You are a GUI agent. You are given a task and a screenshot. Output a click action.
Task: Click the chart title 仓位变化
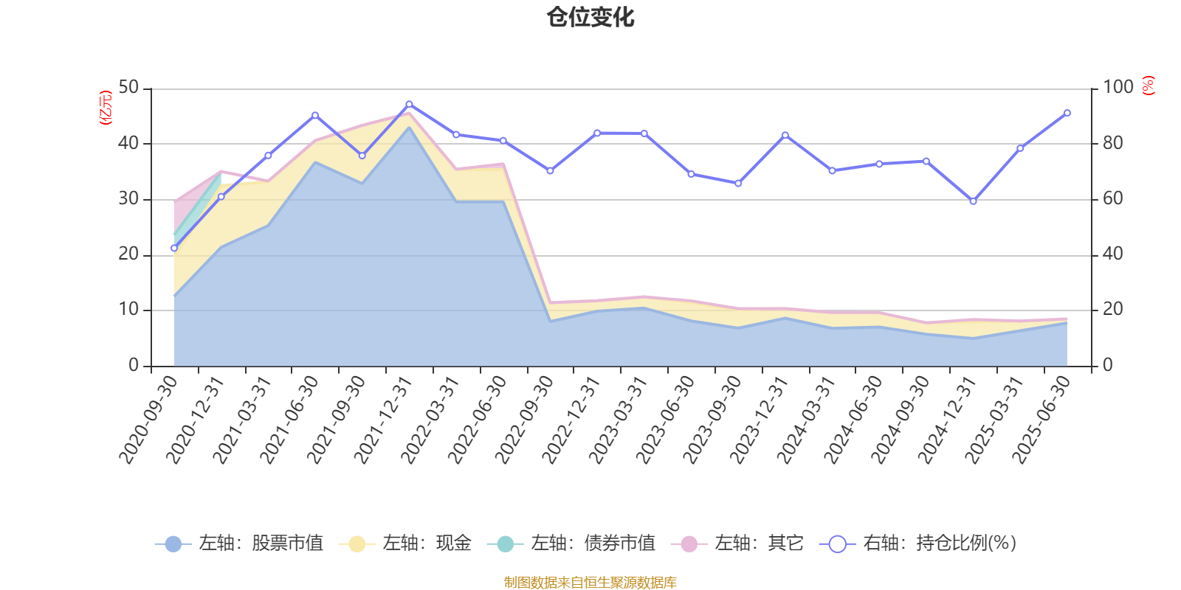[590, 17]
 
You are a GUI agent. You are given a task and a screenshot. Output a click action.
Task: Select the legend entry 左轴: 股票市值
[239, 544]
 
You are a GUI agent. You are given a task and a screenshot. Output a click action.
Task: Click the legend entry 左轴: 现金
[405, 544]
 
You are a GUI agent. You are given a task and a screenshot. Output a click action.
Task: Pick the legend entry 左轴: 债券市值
[571, 544]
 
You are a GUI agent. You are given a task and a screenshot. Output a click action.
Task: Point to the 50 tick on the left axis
[128, 88]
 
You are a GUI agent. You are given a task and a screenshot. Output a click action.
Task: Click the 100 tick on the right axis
[1118, 88]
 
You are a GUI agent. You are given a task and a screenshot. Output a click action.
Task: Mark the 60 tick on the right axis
[1112, 199]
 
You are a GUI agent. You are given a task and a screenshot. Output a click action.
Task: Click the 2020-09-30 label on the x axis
[150, 418]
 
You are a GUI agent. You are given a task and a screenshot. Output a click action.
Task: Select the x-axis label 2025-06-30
[1042, 418]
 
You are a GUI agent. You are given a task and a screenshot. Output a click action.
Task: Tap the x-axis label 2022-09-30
[525, 418]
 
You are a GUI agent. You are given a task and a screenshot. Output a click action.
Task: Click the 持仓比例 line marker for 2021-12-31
[409, 105]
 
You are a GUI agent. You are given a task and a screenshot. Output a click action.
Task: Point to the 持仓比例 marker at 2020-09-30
[174, 249]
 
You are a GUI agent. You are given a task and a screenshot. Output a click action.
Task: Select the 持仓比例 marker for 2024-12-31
[973, 201]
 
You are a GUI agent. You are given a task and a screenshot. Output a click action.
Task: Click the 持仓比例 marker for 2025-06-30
[1067, 113]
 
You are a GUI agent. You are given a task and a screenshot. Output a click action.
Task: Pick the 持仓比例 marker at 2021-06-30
[315, 115]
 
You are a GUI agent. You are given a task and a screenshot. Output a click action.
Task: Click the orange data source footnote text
[590, 583]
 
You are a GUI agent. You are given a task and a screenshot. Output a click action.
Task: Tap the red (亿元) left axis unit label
[106, 108]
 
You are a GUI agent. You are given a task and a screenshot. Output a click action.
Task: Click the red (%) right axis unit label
[1148, 86]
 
